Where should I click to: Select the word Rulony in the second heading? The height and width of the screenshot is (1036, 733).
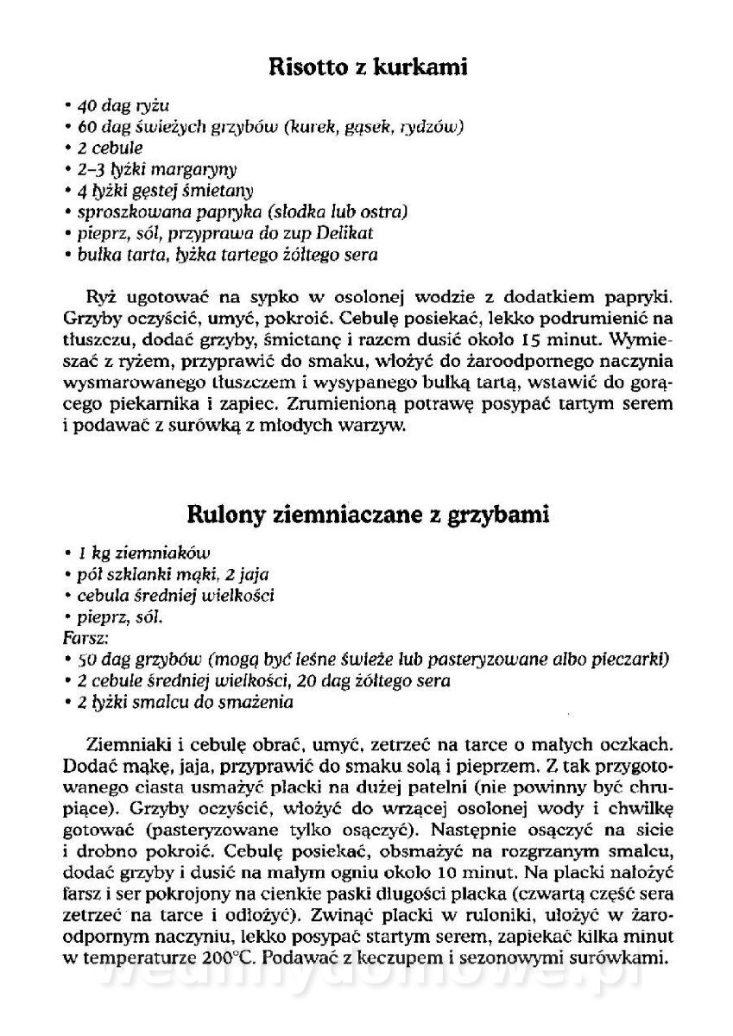pyautogui.click(x=227, y=515)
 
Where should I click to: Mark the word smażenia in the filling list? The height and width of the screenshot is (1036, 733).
pyautogui.click(x=258, y=703)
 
